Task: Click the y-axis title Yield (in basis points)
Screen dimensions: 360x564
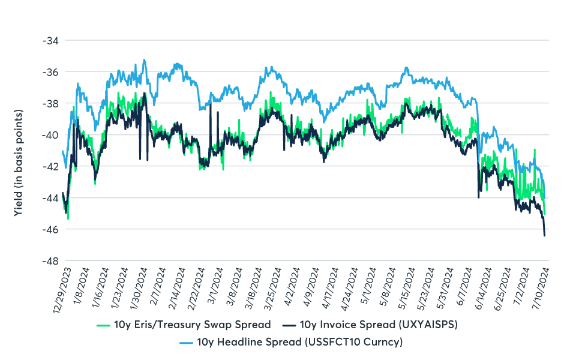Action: (20, 163)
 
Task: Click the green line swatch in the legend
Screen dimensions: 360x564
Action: (102, 325)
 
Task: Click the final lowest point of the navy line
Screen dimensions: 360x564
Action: (544, 236)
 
